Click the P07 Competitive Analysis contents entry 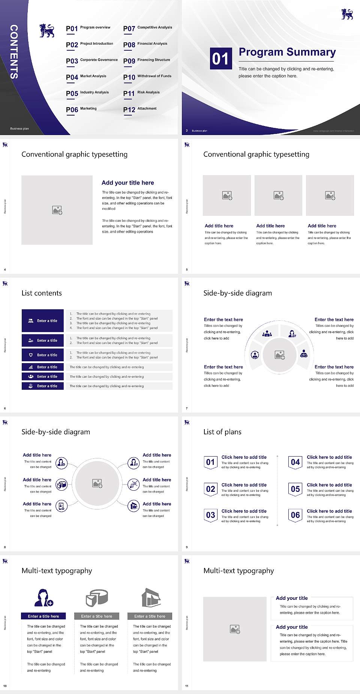tap(147, 28)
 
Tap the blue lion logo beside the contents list tap(47, 31)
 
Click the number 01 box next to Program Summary tap(220, 59)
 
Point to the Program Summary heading tap(287, 52)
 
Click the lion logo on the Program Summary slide tap(347, 14)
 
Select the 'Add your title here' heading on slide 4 tap(127, 183)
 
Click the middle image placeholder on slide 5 tap(278, 195)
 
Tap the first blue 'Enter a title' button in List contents tap(43, 321)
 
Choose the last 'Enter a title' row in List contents tap(43, 386)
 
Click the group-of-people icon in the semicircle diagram tap(267, 333)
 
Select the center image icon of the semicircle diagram tap(280, 355)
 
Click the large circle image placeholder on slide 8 tap(97, 483)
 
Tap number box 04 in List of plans tap(295, 462)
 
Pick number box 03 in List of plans tap(210, 515)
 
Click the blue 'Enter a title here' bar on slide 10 tap(43, 616)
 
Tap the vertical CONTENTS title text tap(14, 51)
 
